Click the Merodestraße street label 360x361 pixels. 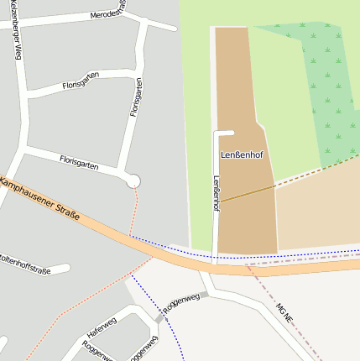tap(108, 11)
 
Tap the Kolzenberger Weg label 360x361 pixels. tap(16, 34)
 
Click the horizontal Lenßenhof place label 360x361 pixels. tap(243, 155)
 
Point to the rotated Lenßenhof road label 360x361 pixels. tap(217, 194)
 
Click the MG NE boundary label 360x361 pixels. tap(284, 313)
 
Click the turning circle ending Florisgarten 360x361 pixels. tap(133, 180)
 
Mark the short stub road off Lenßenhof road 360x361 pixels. tap(223, 133)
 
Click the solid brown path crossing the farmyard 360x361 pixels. tap(248, 194)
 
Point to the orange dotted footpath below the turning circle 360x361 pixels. tap(133, 210)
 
